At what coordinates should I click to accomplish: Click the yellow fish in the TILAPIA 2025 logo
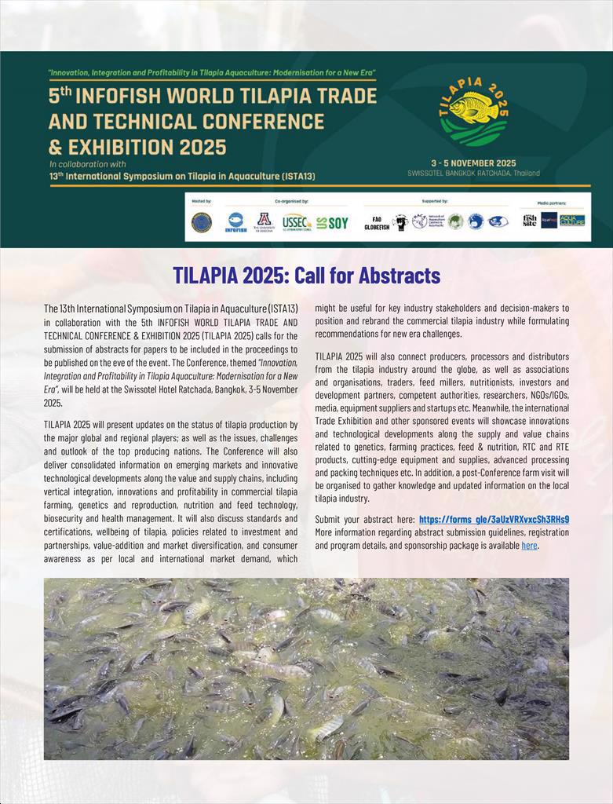(473, 108)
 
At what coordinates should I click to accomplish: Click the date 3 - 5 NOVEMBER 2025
(473, 163)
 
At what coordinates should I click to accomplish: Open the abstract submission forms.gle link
(494, 519)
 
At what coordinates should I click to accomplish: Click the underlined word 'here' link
(529, 545)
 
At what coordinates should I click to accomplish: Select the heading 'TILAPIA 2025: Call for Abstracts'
(306, 276)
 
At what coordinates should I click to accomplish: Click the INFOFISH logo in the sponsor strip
(235, 222)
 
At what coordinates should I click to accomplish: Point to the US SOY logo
(332, 222)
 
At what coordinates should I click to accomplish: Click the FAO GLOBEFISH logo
(377, 223)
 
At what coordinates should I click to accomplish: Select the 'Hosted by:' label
(202, 201)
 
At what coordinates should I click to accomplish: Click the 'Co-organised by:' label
(291, 201)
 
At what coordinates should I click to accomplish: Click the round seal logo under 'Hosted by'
(202, 222)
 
